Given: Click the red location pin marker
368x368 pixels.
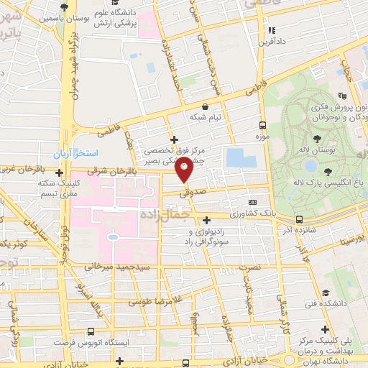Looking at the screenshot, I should pos(185,170).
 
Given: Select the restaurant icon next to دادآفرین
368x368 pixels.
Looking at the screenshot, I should pos(272,31).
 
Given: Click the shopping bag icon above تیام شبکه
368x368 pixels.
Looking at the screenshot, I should pos(206,105).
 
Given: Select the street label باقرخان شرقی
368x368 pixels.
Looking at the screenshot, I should pos(115,172).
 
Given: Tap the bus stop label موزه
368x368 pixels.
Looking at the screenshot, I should pos(263,135).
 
